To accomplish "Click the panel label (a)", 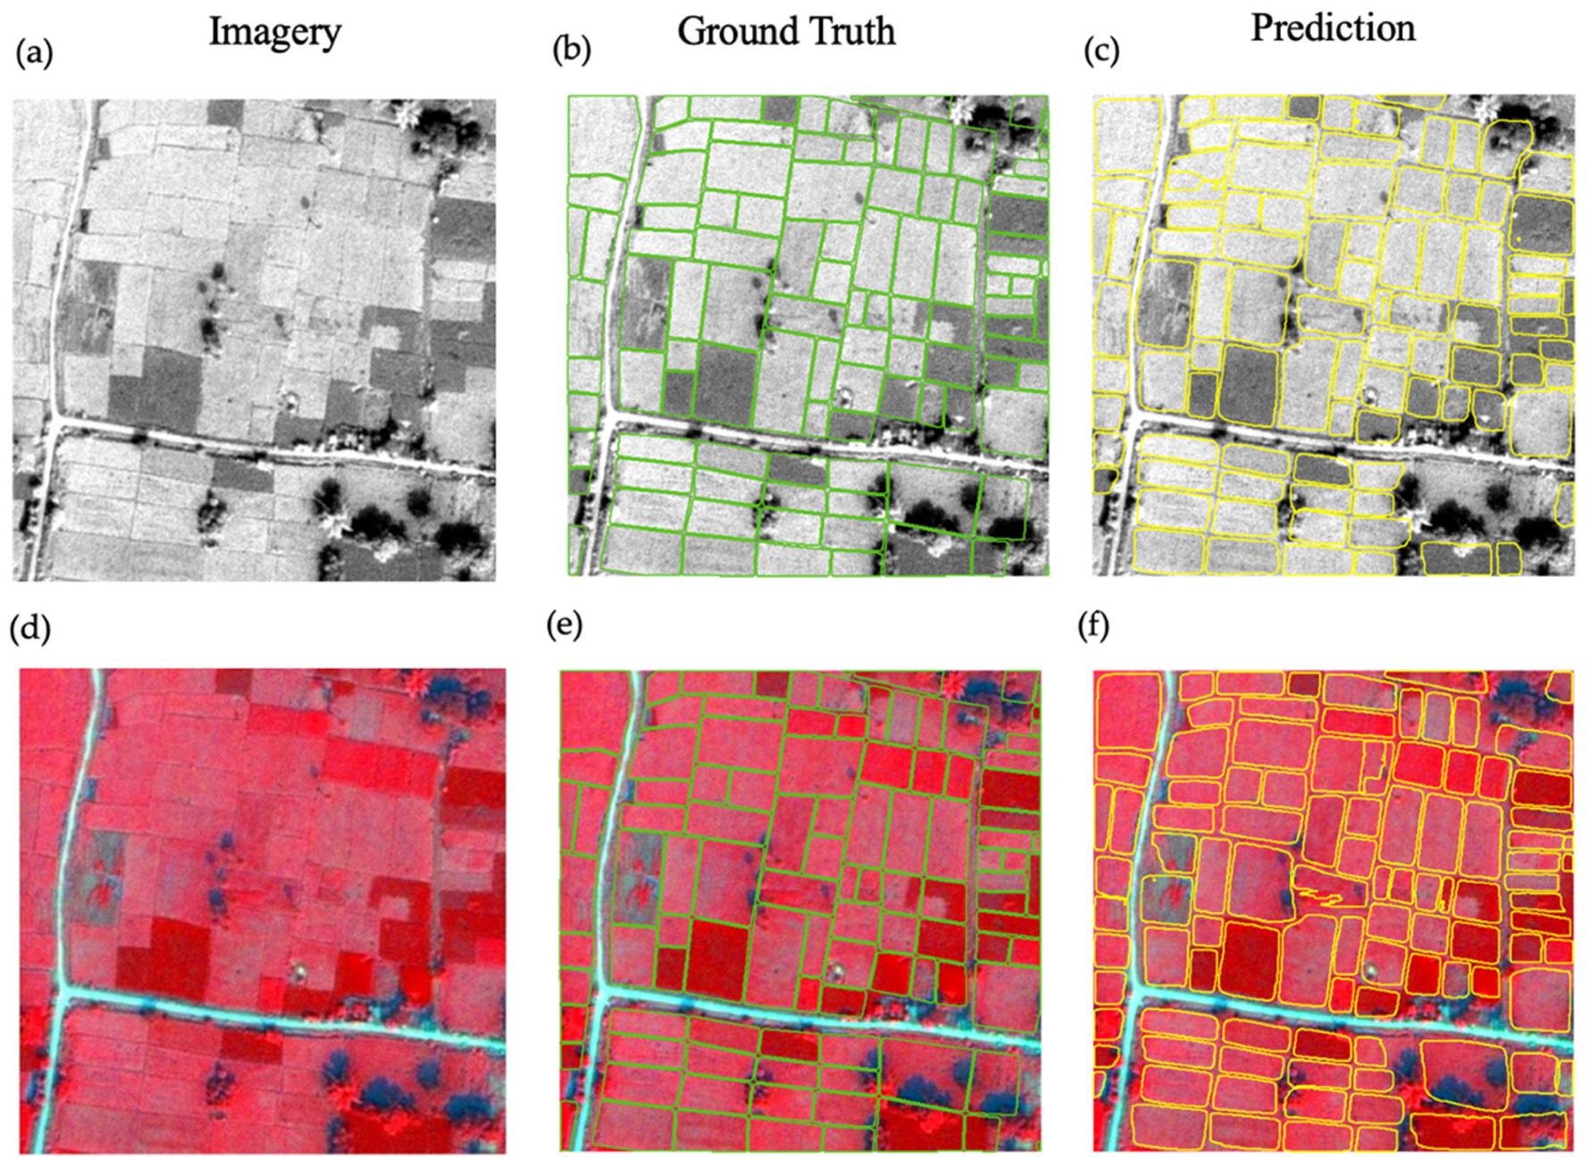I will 35,53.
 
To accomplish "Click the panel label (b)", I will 571,50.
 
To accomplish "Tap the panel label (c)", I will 1101,50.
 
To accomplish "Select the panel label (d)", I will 29,629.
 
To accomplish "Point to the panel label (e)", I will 564,624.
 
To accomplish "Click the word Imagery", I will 275,33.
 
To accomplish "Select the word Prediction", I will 1333,29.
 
